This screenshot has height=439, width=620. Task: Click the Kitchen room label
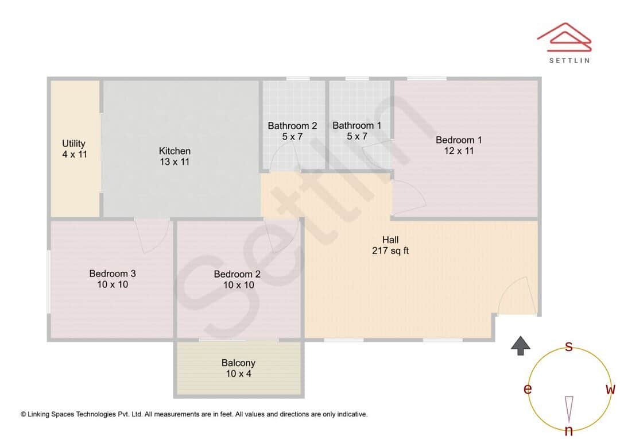175,156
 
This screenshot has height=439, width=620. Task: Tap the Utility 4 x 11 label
74,149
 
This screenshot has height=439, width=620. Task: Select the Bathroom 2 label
292,131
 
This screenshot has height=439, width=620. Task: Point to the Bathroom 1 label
356,131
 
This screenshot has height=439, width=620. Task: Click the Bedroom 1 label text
459,145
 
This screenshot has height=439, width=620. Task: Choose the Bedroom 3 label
113,279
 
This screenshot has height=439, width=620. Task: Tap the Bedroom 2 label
237,279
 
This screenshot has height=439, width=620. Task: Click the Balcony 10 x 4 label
238,368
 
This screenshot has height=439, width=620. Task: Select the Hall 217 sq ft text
390,245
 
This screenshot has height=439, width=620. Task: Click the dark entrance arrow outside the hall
521,345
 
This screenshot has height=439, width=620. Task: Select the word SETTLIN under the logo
569,60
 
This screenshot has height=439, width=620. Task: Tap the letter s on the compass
569,346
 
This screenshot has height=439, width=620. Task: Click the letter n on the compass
568,430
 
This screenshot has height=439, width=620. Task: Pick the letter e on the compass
527,390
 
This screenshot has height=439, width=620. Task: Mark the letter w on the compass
610,390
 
